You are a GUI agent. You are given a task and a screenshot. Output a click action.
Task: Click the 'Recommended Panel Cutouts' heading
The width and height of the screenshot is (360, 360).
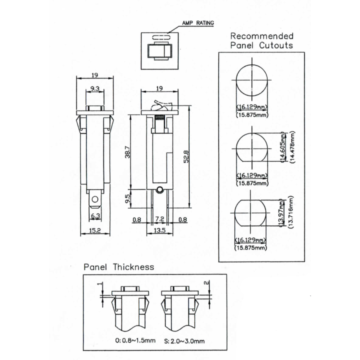coord(261,40)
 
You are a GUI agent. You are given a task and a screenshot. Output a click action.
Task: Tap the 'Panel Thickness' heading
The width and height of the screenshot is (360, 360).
coord(118,267)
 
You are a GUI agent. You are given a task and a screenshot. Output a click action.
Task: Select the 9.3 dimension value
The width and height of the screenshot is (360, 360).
coord(94,89)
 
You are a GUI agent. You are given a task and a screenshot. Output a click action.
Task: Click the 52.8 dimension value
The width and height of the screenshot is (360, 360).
coord(186,158)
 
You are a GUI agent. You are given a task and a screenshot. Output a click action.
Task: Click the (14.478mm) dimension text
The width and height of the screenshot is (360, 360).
coord(292,148)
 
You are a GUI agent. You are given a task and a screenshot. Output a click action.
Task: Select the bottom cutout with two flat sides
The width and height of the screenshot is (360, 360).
coord(251,213)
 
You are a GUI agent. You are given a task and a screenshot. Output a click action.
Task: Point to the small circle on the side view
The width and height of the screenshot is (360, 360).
coord(158,190)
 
